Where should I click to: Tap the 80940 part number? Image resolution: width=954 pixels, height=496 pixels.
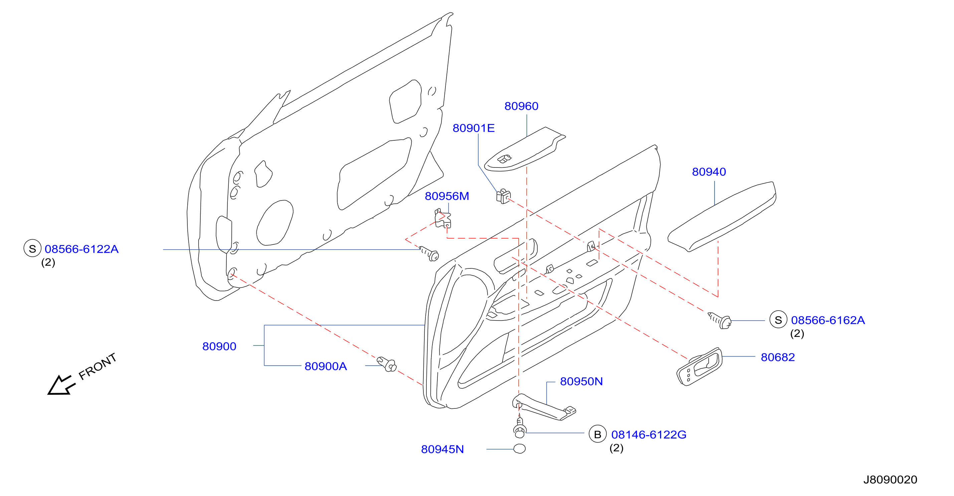709,172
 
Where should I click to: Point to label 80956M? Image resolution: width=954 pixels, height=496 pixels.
447,196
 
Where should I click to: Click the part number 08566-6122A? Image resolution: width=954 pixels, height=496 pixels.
81,249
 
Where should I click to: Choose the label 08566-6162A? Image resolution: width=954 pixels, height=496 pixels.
828,320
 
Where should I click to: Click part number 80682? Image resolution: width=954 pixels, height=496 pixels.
778,357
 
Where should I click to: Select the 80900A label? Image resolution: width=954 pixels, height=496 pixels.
326,366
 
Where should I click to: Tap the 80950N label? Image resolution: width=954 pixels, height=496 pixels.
581,381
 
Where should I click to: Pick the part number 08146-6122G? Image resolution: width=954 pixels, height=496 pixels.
648,435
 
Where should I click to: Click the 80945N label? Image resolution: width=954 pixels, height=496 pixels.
442,449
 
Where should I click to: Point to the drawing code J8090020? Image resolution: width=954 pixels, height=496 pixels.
890,480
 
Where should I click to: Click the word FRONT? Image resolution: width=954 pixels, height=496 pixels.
98,366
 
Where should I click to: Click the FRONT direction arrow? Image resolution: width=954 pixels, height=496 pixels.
61,385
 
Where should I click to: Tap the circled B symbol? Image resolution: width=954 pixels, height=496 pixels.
597,434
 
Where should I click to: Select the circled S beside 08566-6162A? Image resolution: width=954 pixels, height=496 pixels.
778,320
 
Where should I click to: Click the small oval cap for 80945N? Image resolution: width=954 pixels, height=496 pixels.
519,449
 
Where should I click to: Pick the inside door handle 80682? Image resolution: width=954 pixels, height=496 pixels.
699,367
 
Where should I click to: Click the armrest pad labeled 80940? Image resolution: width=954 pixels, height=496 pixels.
721,217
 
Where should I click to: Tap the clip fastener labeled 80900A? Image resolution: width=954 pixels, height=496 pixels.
387,364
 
